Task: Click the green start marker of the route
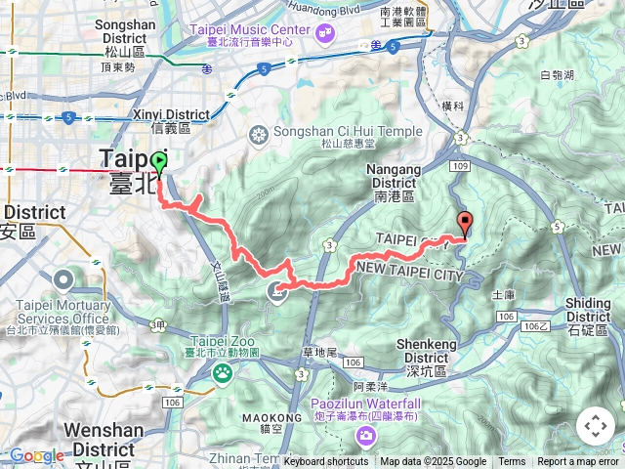pos(159,162)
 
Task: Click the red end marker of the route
pos(465,224)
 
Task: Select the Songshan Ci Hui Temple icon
pos(260,133)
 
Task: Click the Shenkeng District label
pos(436,350)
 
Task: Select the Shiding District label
pos(588,310)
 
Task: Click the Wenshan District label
pos(104,435)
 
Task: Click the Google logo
pos(36,455)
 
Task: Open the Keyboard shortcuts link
pos(326,462)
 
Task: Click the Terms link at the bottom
pos(512,462)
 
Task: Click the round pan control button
pos(595,426)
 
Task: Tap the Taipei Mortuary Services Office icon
pos(63,279)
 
